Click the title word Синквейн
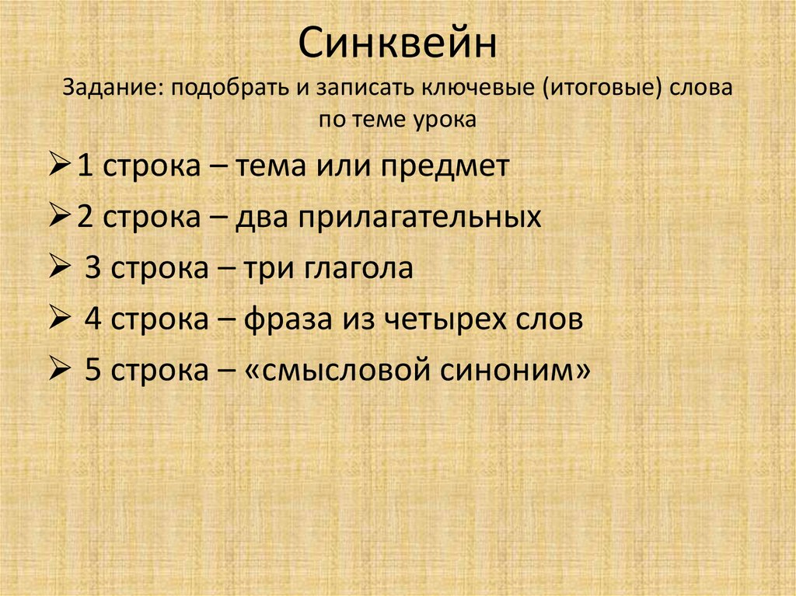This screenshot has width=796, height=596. [397, 45]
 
